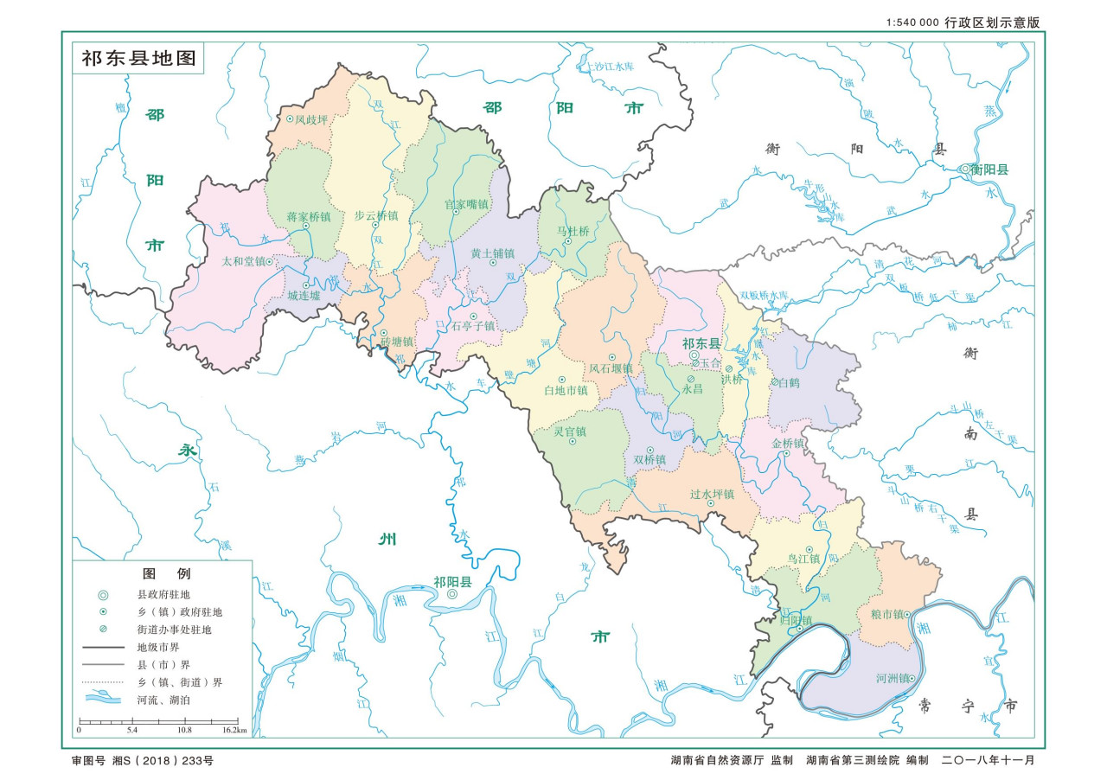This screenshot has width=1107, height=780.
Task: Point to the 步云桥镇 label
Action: coord(376,215)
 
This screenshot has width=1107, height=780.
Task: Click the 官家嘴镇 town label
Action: coord(466,205)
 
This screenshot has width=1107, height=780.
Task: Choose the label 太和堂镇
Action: coord(243,260)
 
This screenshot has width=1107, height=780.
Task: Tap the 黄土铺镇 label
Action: coord(492,253)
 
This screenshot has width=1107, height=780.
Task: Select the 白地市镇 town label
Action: coord(566,391)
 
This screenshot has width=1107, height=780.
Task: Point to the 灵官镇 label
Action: coord(570,432)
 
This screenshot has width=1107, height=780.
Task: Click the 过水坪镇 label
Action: coord(712,494)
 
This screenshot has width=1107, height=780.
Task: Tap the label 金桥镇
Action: coord(788,444)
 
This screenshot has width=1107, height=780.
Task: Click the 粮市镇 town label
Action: coord(882,614)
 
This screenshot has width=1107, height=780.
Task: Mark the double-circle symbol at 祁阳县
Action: coord(452,595)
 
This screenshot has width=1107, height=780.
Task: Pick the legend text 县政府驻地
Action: coord(163,595)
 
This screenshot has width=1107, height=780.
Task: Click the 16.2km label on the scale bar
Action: coord(234,731)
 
